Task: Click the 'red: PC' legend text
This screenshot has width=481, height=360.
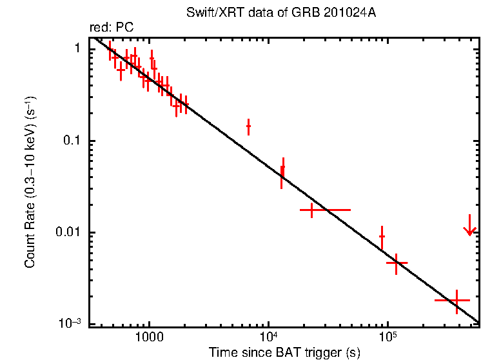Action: coord(111,28)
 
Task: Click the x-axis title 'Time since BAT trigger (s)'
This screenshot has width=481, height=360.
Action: coord(284,352)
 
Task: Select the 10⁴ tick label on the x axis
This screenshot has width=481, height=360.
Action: coord(268,337)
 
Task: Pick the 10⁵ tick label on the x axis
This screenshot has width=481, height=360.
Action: coord(387,337)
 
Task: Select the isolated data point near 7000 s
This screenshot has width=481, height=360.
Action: coord(248,127)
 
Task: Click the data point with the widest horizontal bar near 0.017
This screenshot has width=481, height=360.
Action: coord(312,210)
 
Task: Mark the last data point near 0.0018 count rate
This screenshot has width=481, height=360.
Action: coord(457,301)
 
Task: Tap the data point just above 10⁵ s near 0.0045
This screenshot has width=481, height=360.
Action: coord(396,263)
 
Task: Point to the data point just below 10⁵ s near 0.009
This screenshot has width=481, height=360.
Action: coord(382,237)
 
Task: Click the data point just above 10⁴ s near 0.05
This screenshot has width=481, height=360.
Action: coord(282,172)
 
